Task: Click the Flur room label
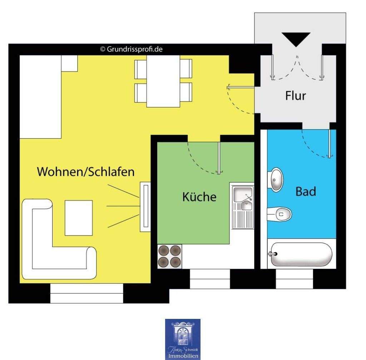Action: (296, 96)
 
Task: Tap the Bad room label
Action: (306, 191)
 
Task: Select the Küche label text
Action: (199, 197)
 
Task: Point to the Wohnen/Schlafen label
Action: (86, 172)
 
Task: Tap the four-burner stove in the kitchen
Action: (169, 256)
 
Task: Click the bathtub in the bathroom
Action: (301, 255)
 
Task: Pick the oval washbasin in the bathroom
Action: (276, 179)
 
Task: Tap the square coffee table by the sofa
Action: (79, 217)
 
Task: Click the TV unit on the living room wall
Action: (145, 207)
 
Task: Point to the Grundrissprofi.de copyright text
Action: (131, 49)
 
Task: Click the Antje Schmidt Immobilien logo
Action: (182, 339)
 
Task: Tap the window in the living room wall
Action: (86, 293)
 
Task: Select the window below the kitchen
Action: (210, 279)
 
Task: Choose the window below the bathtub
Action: (295, 279)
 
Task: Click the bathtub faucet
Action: (273, 254)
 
